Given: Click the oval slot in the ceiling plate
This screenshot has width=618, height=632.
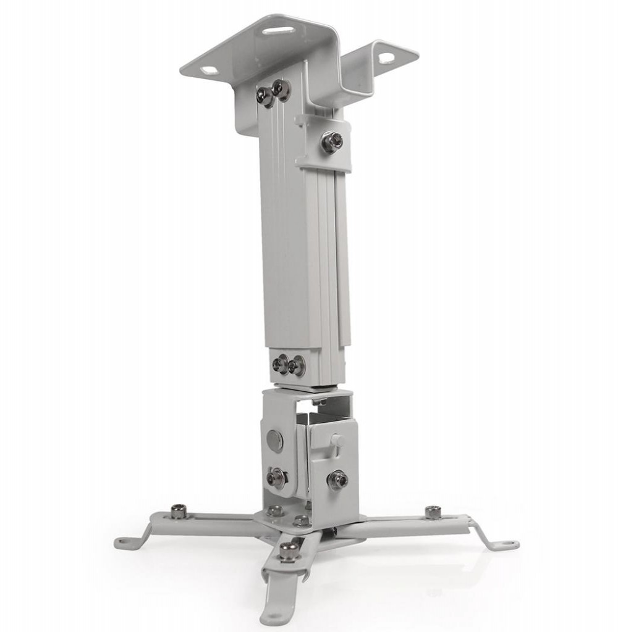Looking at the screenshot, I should [x=278, y=30].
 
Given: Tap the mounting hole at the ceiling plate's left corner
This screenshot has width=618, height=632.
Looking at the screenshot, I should [x=209, y=70].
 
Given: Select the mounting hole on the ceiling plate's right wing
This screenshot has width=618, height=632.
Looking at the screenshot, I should [x=386, y=59].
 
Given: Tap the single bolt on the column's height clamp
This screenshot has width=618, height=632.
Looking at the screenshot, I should [x=332, y=143].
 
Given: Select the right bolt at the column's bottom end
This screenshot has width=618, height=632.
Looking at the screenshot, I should [x=297, y=365].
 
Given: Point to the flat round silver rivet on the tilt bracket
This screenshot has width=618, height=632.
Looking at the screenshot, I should [x=274, y=440].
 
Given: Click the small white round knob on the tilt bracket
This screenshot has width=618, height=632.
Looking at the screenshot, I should [x=337, y=440].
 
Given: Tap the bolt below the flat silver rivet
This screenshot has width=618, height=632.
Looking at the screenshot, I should [x=276, y=477].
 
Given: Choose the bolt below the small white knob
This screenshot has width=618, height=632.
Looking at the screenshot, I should [x=337, y=480].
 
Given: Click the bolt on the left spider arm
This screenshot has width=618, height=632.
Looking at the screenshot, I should [x=179, y=510].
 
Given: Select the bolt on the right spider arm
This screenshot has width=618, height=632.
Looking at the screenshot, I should [x=433, y=512].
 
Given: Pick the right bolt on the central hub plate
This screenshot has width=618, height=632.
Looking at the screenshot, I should [x=302, y=520].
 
